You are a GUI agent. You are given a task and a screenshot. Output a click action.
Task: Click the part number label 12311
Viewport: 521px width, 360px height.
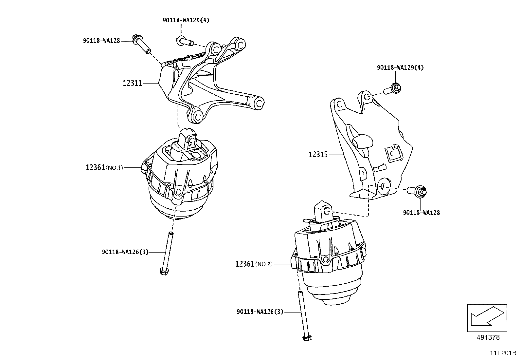(x=133, y=83)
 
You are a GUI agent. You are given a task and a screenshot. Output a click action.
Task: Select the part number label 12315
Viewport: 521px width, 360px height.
(x=318, y=154)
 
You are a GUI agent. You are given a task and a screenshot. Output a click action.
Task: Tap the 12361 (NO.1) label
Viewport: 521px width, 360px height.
(x=104, y=167)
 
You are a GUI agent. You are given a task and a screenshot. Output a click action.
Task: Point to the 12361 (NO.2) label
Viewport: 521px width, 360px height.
(x=254, y=264)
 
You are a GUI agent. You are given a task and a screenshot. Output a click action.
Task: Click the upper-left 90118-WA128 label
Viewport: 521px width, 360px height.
(x=101, y=41)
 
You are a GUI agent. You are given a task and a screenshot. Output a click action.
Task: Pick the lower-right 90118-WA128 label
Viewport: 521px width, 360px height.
(x=422, y=213)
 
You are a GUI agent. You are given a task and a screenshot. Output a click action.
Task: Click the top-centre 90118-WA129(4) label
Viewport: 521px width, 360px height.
(x=186, y=20)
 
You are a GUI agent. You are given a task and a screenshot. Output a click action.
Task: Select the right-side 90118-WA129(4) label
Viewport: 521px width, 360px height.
(x=400, y=67)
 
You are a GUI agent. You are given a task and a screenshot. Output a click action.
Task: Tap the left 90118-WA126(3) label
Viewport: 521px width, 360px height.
(x=125, y=252)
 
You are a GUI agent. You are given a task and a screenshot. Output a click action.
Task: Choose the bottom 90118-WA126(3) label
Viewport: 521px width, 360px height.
(x=260, y=312)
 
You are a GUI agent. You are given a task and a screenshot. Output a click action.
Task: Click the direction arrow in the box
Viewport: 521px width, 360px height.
(x=487, y=317)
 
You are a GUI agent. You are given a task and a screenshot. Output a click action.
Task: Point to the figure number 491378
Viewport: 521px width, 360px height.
(x=488, y=337)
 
